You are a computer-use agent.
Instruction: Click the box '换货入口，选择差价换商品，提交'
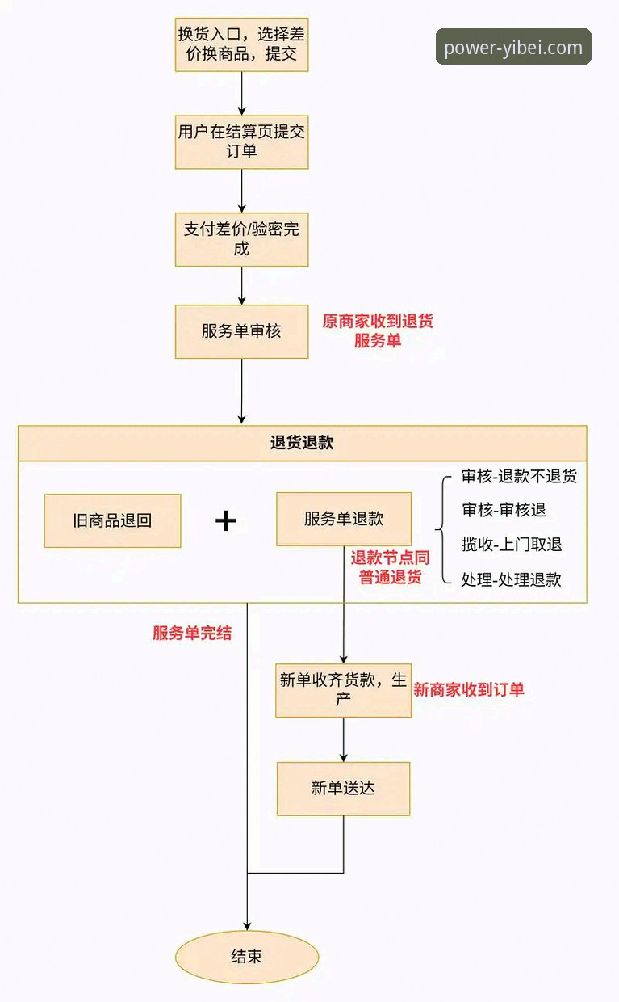point(241,44)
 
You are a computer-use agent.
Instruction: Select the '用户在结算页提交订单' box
point(241,141)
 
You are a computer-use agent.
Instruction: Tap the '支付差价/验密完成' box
point(241,239)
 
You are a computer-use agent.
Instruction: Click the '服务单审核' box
point(241,331)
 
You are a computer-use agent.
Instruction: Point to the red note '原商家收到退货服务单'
point(378,330)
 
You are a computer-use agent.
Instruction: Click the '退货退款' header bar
point(302,443)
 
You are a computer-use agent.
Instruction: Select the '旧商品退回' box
point(112,520)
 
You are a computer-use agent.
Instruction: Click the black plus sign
point(226,520)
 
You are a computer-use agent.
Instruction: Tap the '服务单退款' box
point(344,520)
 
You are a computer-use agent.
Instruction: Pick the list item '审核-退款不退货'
point(519,476)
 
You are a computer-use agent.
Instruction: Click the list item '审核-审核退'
point(504,510)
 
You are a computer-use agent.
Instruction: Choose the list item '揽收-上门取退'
point(512,545)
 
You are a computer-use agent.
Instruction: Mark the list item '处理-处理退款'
point(511,579)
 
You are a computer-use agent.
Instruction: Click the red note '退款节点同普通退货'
point(390,567)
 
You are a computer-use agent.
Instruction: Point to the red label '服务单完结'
point(192,634)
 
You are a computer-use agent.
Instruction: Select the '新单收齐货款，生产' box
point(343,689)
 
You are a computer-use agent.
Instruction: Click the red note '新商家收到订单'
point(469,689)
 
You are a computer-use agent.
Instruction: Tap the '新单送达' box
point(343,788)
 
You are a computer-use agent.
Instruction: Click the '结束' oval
point(247,958)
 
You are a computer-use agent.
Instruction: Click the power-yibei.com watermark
point(513,47)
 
